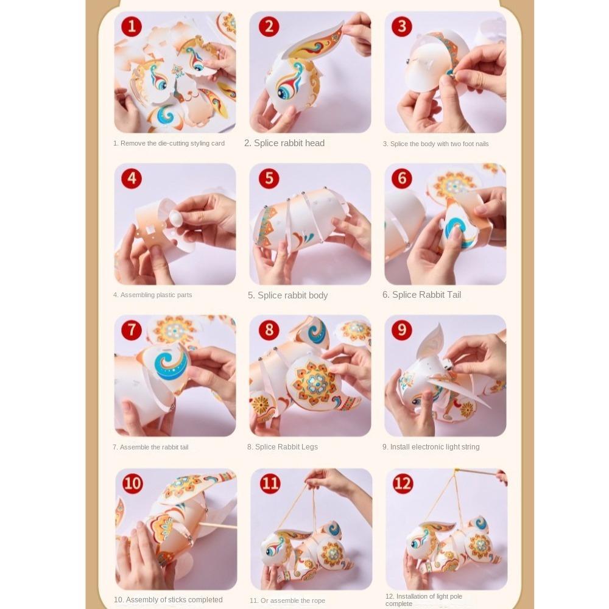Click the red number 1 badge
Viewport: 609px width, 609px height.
tap(132, 26)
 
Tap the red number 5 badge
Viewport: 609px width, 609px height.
tap(269, 178)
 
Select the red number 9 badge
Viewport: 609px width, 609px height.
tap(401, 329)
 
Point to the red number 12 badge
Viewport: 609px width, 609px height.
tap(403, 483)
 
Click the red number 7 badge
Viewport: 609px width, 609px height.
tap(132, 329)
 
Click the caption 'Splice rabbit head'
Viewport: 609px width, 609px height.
tap(289, 143)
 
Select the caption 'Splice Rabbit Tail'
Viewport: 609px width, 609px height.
tap(426, 295)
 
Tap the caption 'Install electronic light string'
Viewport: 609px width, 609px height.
tap(435, 447)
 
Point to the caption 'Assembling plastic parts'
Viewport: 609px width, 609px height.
tap(156, 295)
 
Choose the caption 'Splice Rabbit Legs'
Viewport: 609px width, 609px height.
tap(286, 447)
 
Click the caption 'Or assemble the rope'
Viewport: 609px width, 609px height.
tap(292, 600)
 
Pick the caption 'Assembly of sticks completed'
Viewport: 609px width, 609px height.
tap(174, 600)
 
